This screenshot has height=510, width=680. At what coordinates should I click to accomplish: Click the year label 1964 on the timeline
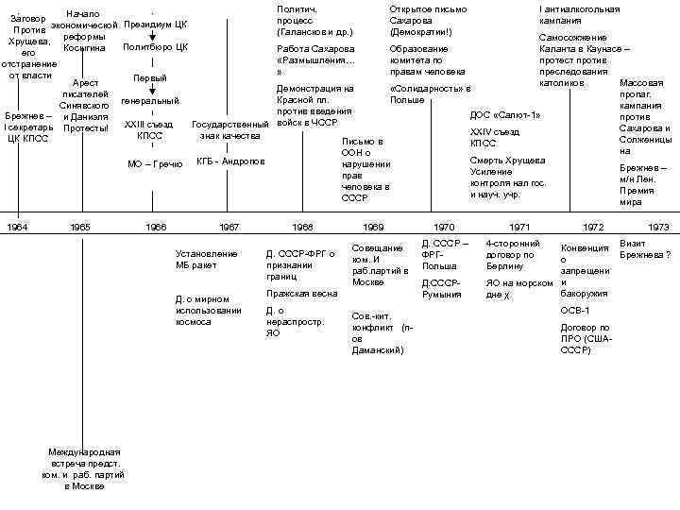point(18,228)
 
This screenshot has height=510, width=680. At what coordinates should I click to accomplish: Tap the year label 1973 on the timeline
point(658,228)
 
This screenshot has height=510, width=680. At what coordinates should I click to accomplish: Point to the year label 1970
point(444,228)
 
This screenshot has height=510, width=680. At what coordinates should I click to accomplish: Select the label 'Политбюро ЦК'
point(155,46)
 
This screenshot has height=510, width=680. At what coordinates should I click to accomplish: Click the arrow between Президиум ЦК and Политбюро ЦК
point(152,35)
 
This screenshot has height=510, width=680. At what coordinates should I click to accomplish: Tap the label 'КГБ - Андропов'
point(230,161)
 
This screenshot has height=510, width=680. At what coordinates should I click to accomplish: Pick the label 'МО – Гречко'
point(155,164)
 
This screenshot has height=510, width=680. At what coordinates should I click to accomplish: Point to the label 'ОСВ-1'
point(575,310)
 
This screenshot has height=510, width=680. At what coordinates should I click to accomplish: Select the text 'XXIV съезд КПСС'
point(495,137)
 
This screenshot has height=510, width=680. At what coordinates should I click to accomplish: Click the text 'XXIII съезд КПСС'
point(149,129)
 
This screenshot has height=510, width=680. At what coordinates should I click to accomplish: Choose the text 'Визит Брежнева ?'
point(645,249)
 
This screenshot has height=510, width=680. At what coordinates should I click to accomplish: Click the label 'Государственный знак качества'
point(230,129)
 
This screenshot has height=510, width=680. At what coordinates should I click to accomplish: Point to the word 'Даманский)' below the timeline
point(377,350)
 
